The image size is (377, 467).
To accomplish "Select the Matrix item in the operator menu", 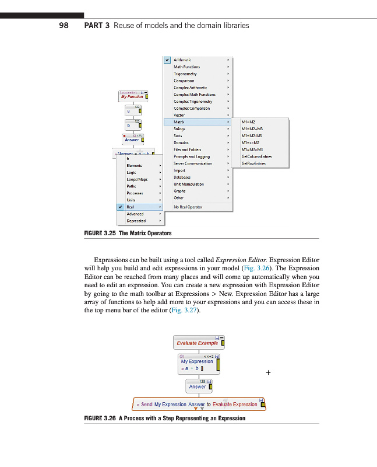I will point(179,122).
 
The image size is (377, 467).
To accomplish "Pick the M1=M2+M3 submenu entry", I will point(252,128).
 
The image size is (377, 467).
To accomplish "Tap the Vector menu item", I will point(179,115).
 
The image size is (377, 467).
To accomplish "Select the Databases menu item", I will point(182,177).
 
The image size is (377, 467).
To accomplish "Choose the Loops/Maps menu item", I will point(137,179).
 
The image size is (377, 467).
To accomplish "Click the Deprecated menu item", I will point(136,221).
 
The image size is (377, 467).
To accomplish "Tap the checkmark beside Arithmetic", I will point(167,60).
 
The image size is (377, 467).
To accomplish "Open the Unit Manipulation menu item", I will point(189,184).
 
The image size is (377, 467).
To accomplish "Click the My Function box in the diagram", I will point(132,96).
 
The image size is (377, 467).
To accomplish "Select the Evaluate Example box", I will point(197,343).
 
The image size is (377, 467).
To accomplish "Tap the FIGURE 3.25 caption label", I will point(100,233).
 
